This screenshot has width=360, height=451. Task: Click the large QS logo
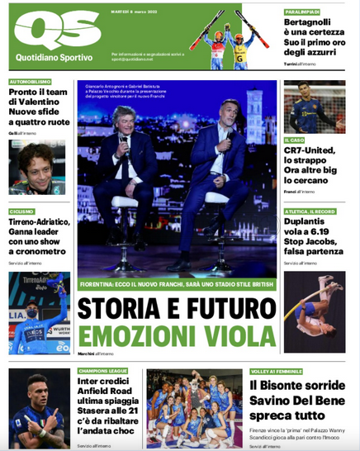click(x=57, y=31)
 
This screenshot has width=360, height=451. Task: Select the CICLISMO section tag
click(x=22, y=211)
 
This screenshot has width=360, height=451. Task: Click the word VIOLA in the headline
click(x=241, y=336)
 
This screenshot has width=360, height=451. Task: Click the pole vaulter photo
click(x=315, y=312)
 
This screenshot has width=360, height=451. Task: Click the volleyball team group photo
click(x=194, y=409)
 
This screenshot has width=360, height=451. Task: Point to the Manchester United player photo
click(x=315, y=107)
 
